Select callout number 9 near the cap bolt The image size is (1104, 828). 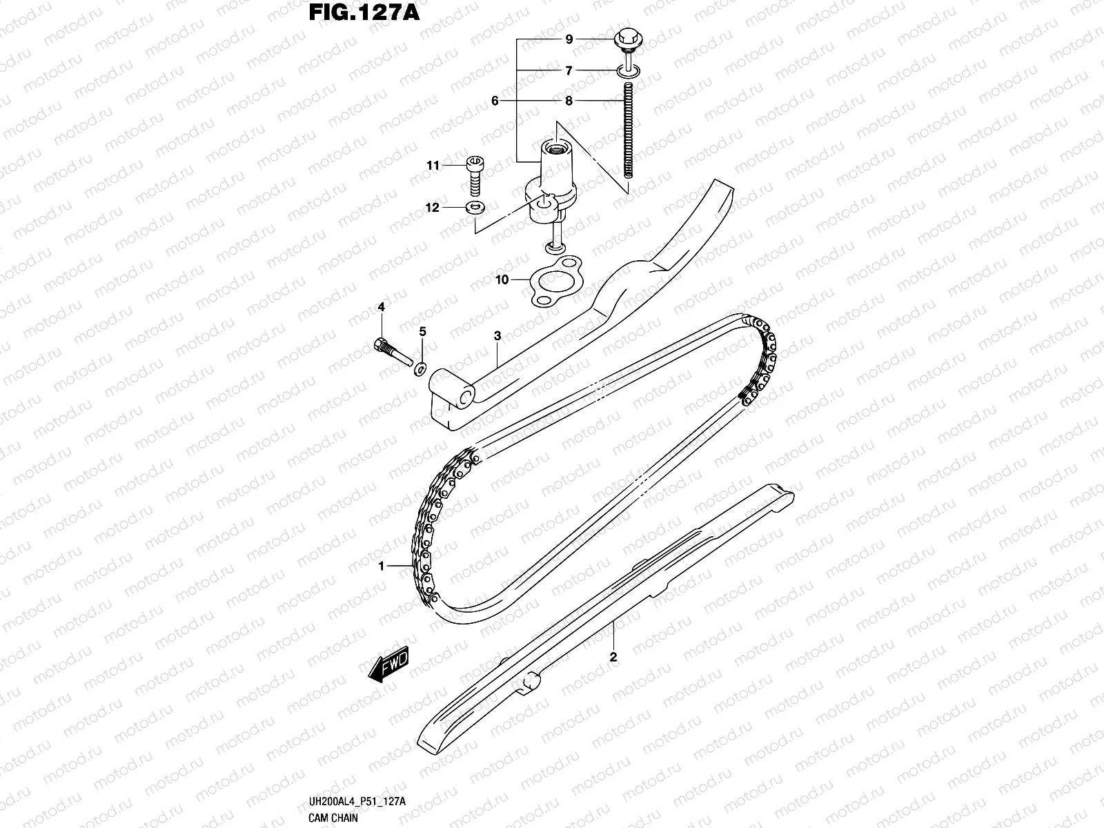point(569,40)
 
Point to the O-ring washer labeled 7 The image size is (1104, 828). point(629,70)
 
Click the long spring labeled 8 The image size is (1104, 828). point(629,138)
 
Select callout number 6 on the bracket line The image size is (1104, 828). point(495,101)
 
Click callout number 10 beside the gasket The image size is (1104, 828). point(502,279)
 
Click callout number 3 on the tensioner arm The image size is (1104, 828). point(497,336)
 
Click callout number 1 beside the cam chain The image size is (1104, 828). point(380,566)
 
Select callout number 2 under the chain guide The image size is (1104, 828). point(613,656)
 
